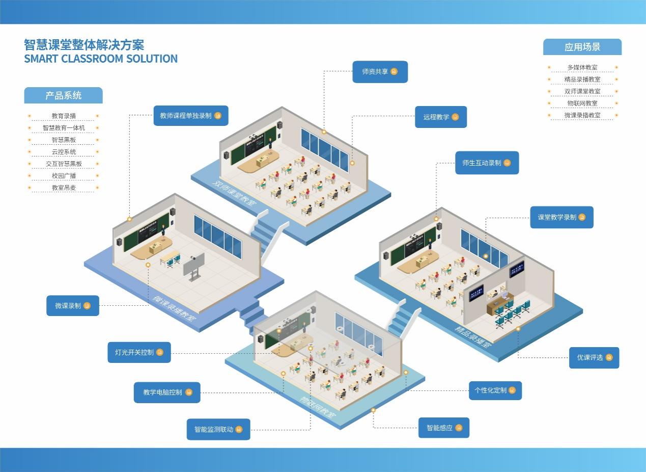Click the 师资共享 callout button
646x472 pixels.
pos(380,72)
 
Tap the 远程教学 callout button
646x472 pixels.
pos(440,117)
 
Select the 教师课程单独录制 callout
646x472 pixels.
pos(190,116)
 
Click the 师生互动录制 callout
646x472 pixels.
pos(487,163)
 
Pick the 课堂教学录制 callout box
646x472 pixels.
pos(561,217)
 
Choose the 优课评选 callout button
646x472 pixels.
pos(594,358)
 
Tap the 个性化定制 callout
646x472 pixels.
pos(495,390)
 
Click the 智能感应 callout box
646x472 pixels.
pos(443,428)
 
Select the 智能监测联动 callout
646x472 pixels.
pos(218,429)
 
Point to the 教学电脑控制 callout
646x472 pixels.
pos(167,392)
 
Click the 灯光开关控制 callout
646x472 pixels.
pos(138,352)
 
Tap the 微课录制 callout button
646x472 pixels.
pos(72,306)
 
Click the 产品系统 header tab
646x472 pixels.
pos(63,95)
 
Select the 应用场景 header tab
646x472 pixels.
pos(582,47)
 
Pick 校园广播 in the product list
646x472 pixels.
pos(64,176)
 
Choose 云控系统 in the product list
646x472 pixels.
pos(64,152)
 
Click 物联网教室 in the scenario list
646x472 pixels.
pos(582,103)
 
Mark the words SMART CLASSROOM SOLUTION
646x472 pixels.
pos(101,59)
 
